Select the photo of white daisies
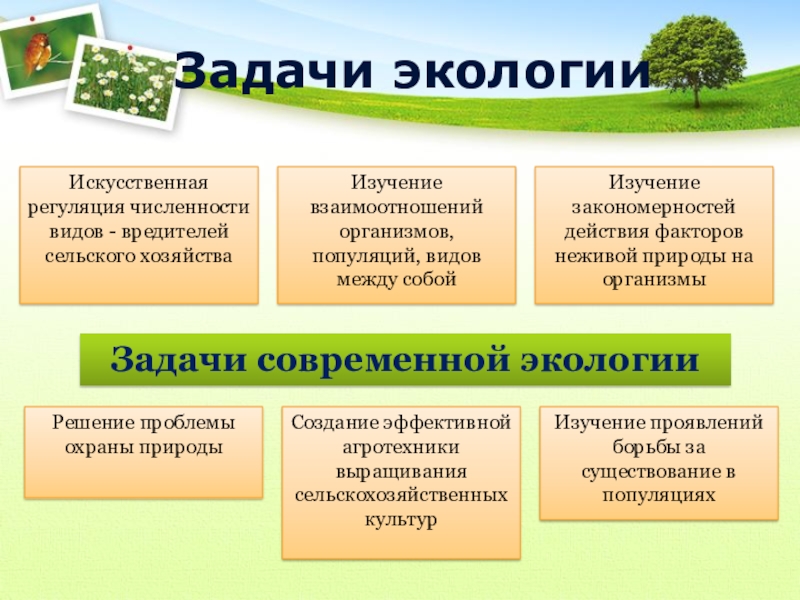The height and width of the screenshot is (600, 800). (x=125, y=83)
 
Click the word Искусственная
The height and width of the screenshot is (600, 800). (x=138, y=183)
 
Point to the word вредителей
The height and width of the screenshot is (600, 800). (x=175, y=232)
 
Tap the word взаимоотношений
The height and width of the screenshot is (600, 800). (x=396, y=207)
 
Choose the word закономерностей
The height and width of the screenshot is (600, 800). (x=653, y=207)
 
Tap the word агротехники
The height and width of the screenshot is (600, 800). (x=401, y=447)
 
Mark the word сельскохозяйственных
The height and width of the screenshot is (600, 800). (x=401, y=495)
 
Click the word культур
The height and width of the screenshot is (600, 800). (x=401, y=520)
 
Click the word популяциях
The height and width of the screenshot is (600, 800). (x=658, y=495)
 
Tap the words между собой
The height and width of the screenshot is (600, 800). (x=396, y=280)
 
